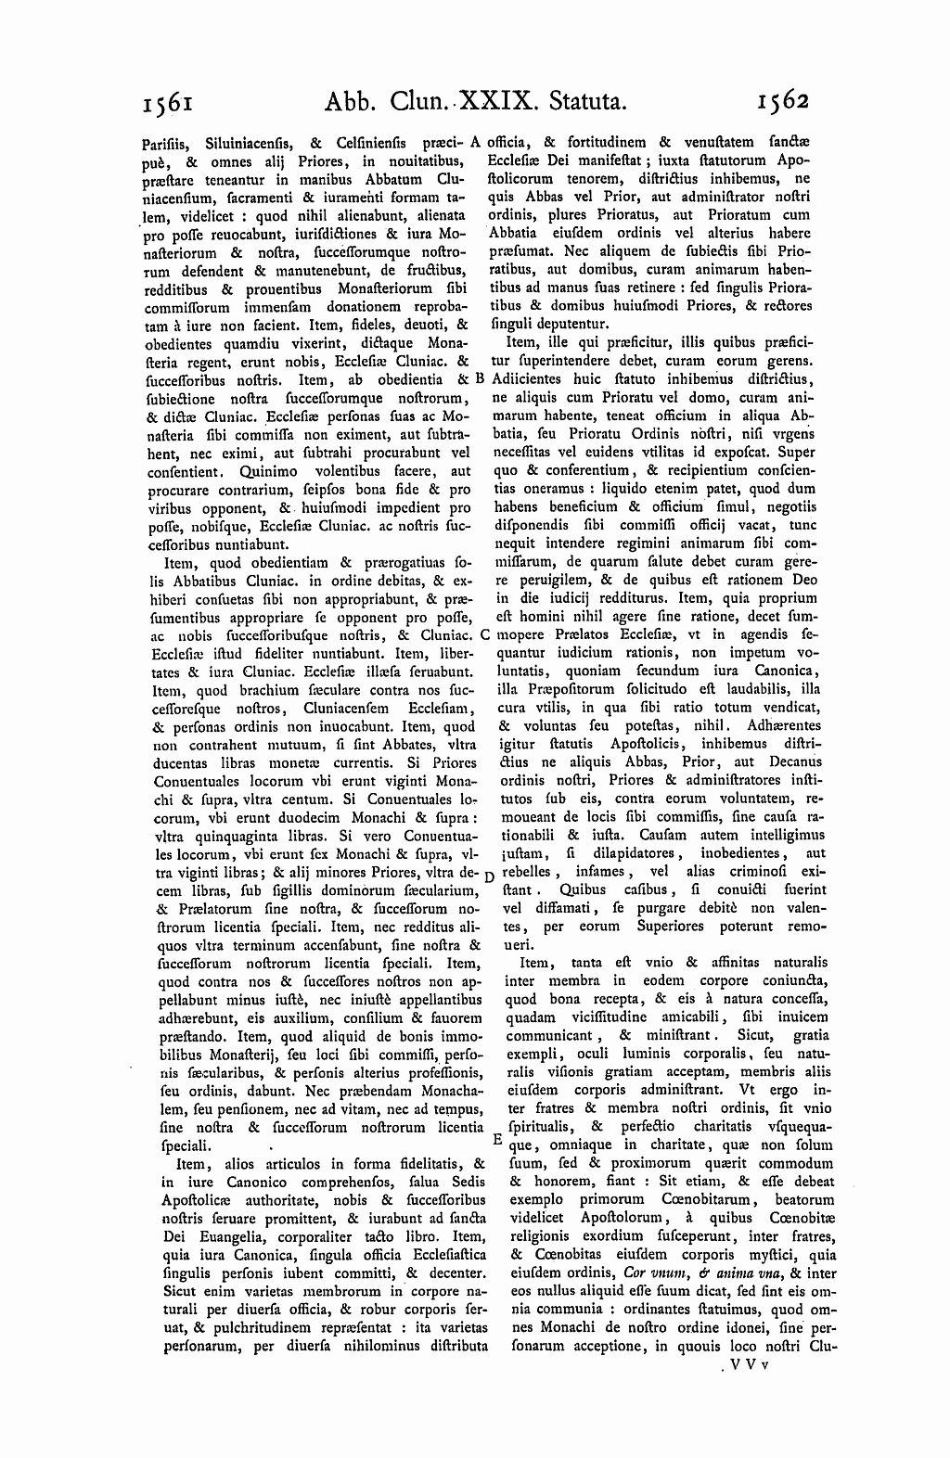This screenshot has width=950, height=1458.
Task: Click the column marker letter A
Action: click(x=473, y=143)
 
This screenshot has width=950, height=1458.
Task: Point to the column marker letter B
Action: click(x=479, y=378)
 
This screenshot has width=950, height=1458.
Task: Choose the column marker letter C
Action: click(x=484, y=635)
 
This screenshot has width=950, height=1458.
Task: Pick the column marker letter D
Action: click(x=490, y=876)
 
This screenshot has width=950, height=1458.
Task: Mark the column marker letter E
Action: click(x=495, y=1137)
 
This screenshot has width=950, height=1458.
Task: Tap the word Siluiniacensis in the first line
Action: click(x=250, y=144)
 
